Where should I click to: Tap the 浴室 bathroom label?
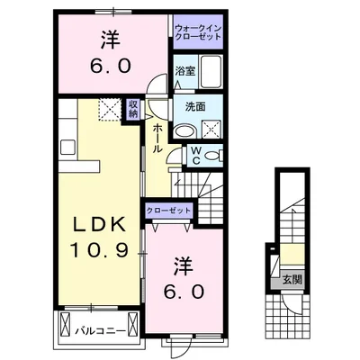pyautogui.click(x=186, y=70)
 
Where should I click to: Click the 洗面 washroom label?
pyautogui.click(x=195, y=106)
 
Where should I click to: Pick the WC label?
pyautogui.click(x=195, y=156)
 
